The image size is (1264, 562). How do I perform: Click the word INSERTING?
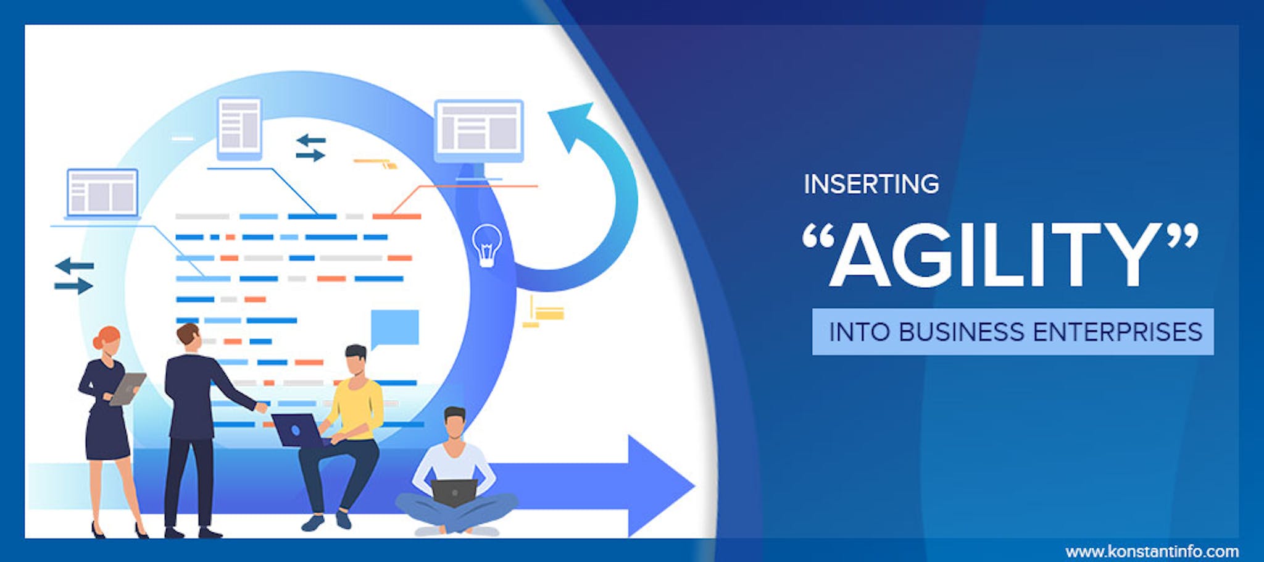[x=871, y=184]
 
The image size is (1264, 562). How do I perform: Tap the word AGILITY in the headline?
[x=999, y=255]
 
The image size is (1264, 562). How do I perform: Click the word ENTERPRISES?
[x=1118, y=332]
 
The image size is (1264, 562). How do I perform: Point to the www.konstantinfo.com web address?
[x=1152, y=551]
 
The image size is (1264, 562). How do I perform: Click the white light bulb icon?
[x=487, y=245]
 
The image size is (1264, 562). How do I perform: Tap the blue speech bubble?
[x=394, y=329]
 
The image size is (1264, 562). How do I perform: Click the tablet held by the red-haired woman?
[x=128, y=388]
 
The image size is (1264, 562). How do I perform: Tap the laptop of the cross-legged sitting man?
[x=454, y=492]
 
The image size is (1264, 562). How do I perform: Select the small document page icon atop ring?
[x=239, y=128]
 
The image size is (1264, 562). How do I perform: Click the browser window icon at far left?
[x=102, y=193]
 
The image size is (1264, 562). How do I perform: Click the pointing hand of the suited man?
[x=262, y=407]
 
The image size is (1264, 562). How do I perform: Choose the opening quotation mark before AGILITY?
[x=818, y=237]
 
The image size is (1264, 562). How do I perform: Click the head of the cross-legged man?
[x=455, y=423]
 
